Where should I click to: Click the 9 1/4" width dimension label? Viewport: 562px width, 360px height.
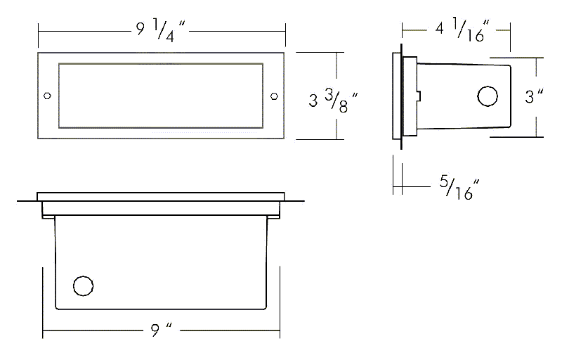click(160, 30)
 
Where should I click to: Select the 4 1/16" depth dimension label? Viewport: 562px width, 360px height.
click(462, 30)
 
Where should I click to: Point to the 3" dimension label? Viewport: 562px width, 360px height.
click(534, 96)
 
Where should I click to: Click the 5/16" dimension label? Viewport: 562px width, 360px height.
click(459, 188)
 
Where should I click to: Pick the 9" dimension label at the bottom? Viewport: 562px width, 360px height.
click(162, 330)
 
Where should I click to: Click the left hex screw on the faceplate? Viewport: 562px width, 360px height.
click(47, 96)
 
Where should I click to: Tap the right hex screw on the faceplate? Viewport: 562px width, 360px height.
click(274, 96)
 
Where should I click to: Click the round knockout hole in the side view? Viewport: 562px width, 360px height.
click(488, 96)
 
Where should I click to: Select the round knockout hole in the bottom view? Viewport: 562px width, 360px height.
click(83, 286)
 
